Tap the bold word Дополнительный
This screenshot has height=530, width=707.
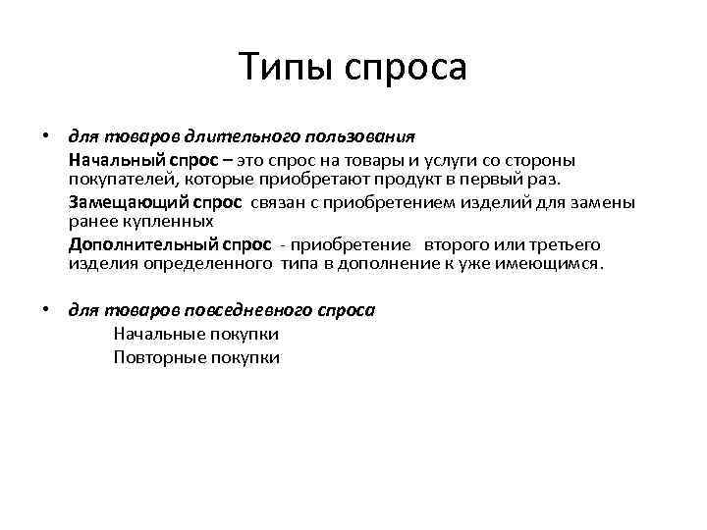pos(132,244)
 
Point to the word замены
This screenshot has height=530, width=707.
pos(611,202)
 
